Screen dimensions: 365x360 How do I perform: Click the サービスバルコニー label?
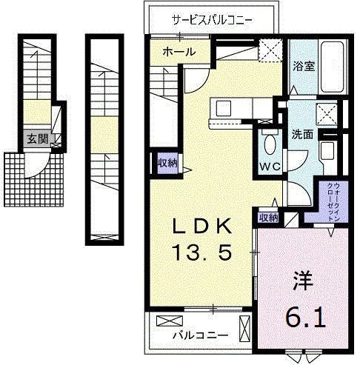click(212, 19)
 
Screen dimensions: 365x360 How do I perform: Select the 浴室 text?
click(303, 66)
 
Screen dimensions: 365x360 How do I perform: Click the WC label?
click(268, 166)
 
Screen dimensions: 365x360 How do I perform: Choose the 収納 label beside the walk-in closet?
click(267, 217)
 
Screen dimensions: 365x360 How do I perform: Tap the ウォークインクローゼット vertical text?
click(330, 202)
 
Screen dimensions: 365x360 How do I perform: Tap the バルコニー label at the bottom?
click(201, 335)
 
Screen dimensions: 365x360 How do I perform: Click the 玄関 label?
click(36, 138)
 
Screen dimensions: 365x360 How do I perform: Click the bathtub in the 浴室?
click(330, 68)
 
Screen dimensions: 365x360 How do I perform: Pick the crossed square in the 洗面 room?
click(324, 114)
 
